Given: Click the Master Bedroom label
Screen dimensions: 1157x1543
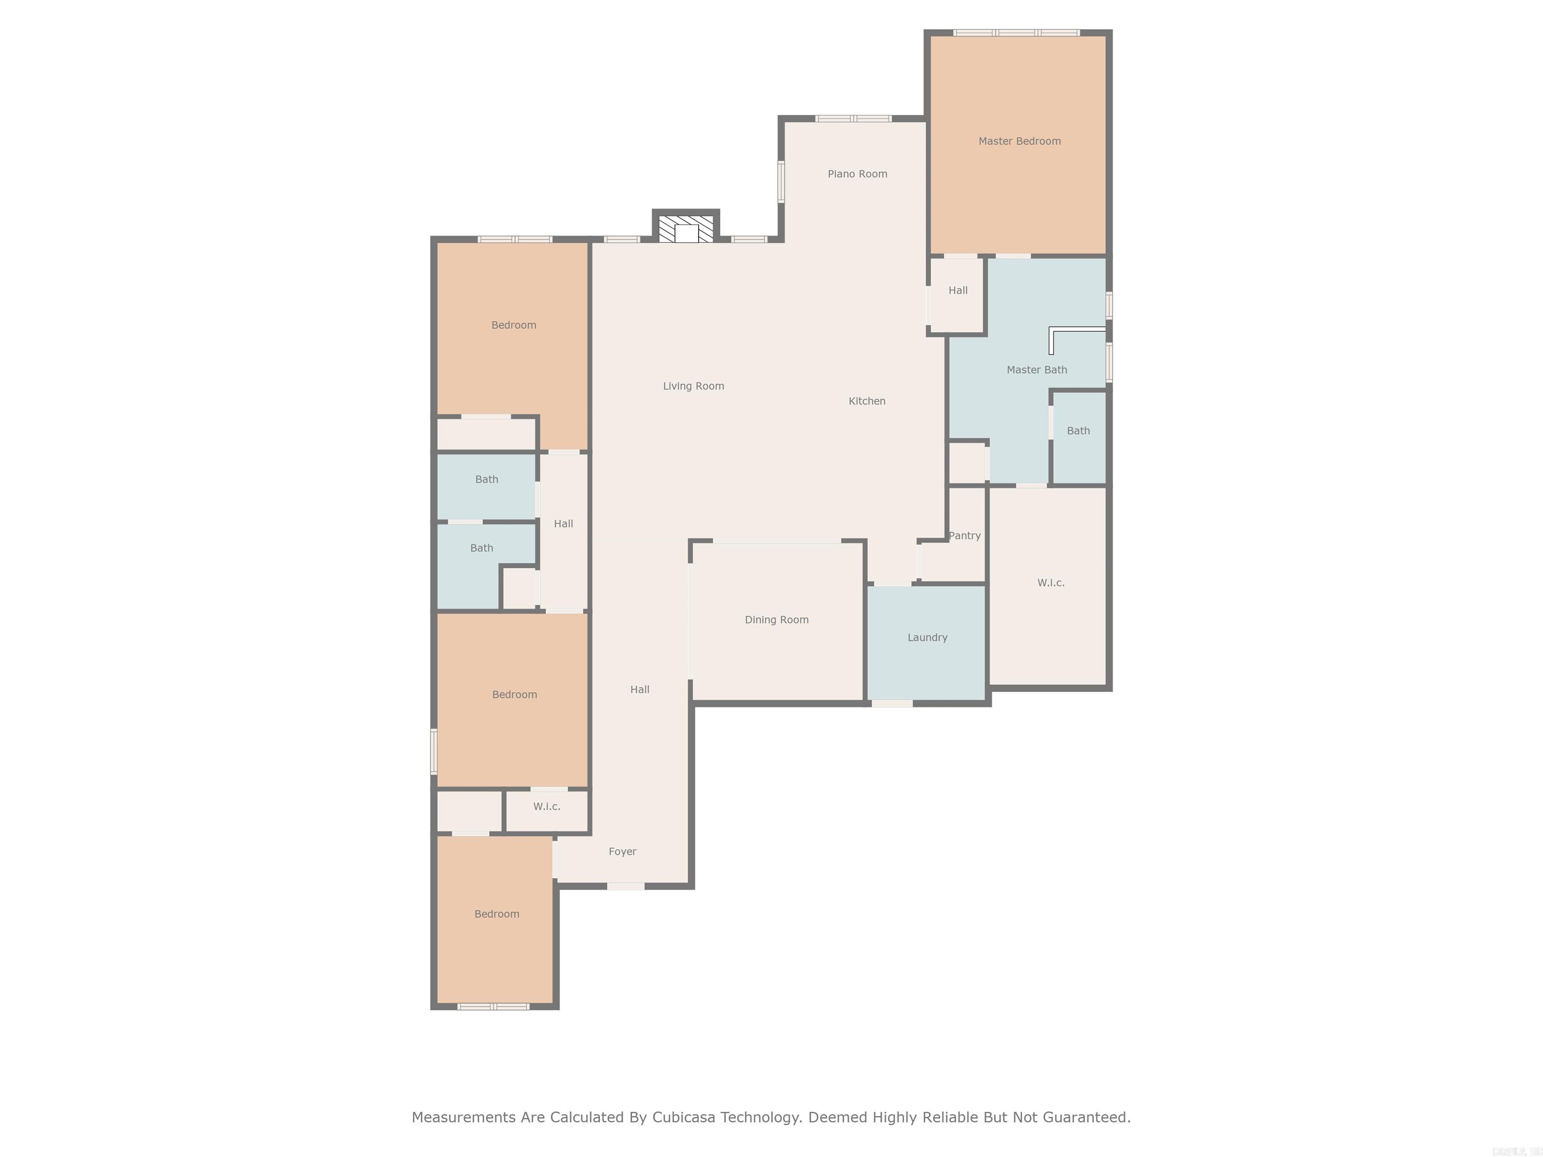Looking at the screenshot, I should pyautogui.click(x=1019, y=141).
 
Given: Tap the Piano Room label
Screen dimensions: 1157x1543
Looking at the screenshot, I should pyautogui.click(x=857, y=174).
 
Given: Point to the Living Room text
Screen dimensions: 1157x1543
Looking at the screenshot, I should pyautogui.click(x=693, y=386).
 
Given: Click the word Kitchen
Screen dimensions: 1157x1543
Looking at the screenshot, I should pyautogui.click(x=866, y=401).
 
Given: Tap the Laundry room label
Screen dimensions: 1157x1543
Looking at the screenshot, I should pyautogui.click(x=927, y=637).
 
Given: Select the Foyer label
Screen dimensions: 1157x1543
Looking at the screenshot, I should pyautogui.click(x=622, y=852).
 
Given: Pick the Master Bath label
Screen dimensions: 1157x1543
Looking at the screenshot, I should pyautogui.click(x=1037, y=370).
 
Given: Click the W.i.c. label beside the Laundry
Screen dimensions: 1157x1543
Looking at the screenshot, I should pyautogui.click(x=1051, y=583).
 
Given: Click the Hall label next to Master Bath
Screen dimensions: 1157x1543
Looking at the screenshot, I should pyautogui.click(x=958, y=290).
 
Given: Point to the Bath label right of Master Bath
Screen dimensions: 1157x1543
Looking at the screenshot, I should pyautogui.click(x=1078, y=431).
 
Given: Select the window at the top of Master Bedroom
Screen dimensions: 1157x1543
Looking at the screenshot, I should pyautogui.click(x=1016, y=33).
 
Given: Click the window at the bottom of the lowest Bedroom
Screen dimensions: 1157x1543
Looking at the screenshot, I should pyautogui.click(x=493, y=1006).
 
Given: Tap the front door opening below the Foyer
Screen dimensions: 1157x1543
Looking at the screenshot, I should pyautogui.click(x=625, y=886).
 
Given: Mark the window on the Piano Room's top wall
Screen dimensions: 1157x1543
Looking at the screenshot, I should pyautogui.click(x=853, y=119).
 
